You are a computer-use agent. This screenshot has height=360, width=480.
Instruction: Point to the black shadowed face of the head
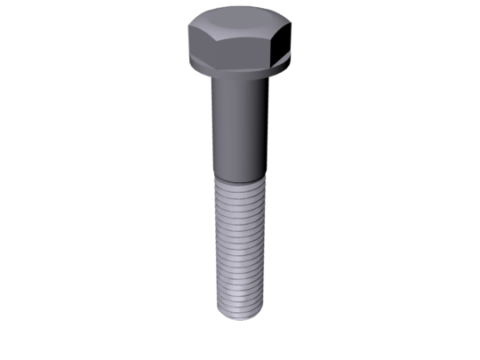[x=285, y=42]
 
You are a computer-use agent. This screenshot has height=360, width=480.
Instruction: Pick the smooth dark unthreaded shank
[x=238, y=124]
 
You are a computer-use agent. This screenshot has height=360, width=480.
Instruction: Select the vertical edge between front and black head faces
[x=275, y=48]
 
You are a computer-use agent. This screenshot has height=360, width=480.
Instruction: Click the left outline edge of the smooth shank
[x=212, y=124]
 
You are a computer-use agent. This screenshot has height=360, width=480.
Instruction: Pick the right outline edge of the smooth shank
[x=266, y=124]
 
